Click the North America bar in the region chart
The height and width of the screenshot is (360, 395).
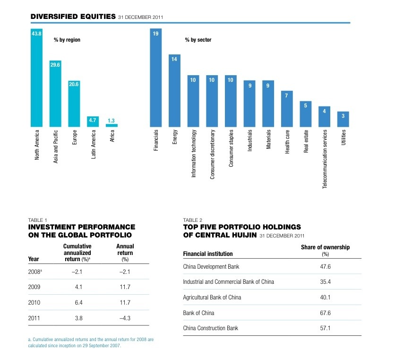pos(36,78)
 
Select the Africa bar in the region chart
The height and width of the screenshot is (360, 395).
pos(112,125)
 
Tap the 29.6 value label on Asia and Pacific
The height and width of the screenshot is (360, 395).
pos(55,65)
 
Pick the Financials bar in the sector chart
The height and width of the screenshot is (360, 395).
pos(156,78)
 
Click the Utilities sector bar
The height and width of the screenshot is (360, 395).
pos(343,119)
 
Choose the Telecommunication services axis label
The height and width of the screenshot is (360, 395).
pos(325,160)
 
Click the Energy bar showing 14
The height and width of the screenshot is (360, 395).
pos(174,90)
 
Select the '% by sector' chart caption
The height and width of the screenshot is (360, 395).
pos(198,40)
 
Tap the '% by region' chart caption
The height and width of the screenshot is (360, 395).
pos(67,40)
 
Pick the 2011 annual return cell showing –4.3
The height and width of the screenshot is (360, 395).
pos(125,318)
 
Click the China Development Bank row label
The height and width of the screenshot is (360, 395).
pos(211,267)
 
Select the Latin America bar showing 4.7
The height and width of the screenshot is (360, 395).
pos(93,122)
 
